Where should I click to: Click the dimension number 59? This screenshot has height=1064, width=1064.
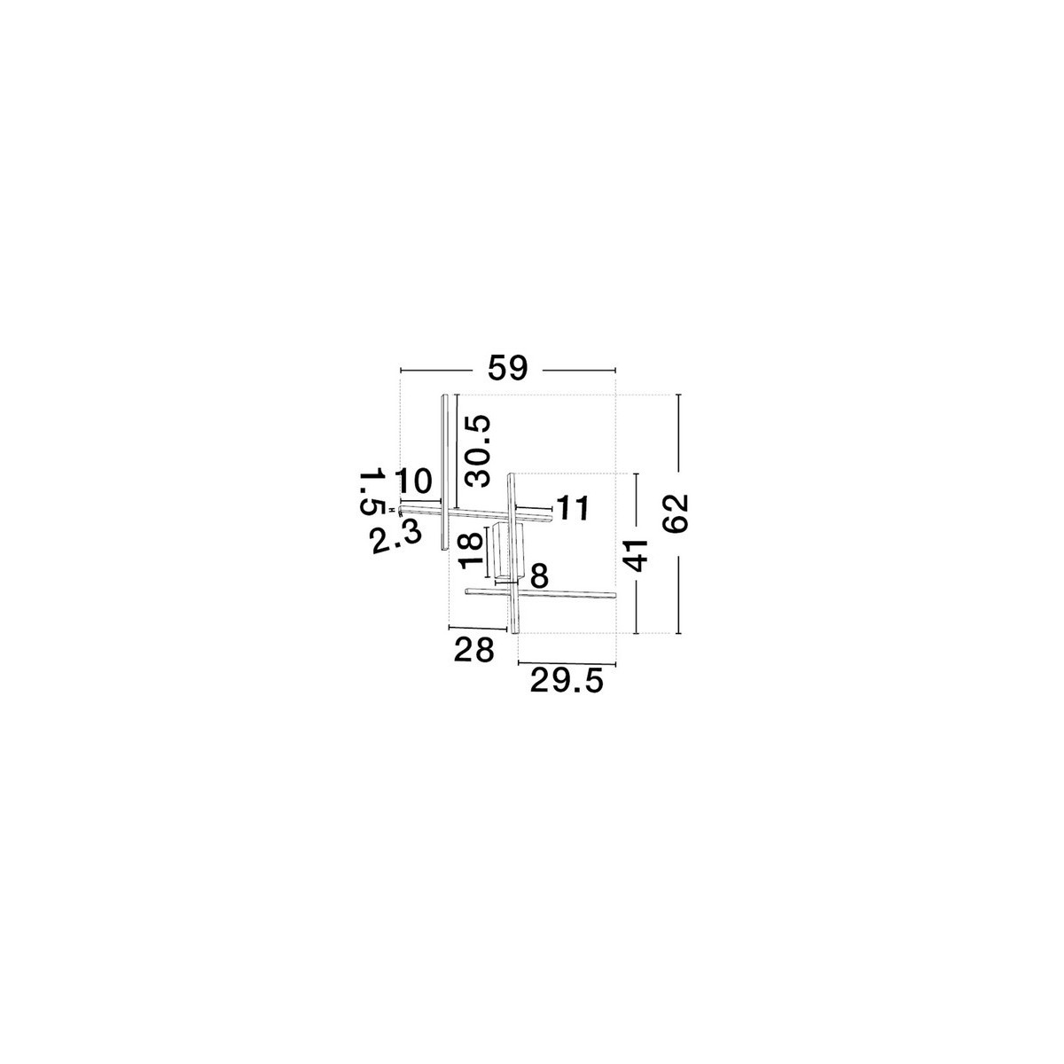pyautogui.click(x=508, y=368)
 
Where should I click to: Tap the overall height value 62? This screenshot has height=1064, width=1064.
pyautogui.click(x=676, y=513)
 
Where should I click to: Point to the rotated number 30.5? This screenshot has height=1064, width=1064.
pyautogui.click(x=478, y=450)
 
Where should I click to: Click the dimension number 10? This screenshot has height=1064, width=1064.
pyautogui.click(x=413, y=481)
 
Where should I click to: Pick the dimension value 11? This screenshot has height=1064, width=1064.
pyautogui.click(x=573, y=508)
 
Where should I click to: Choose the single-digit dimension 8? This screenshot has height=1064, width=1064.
pyautogui.click(x=539, y=576)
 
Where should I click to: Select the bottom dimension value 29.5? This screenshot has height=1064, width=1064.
pyautogui.click(x=567, y=680)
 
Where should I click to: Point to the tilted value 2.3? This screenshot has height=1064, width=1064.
pyautogui.click(x=396, y=538)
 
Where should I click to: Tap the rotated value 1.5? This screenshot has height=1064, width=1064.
pyautogui.click(x=372, y=491)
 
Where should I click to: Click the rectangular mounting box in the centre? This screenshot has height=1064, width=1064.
pyautogui.click(x=508, y=551)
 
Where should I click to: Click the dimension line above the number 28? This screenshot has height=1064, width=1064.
pyautogui.click(x=478, y=628)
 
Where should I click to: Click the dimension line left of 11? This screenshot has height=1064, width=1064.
pyautogui.click(x=534, y=507)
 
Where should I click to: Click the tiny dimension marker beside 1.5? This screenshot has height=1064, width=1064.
pyautogui.click(x=391, y=509)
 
